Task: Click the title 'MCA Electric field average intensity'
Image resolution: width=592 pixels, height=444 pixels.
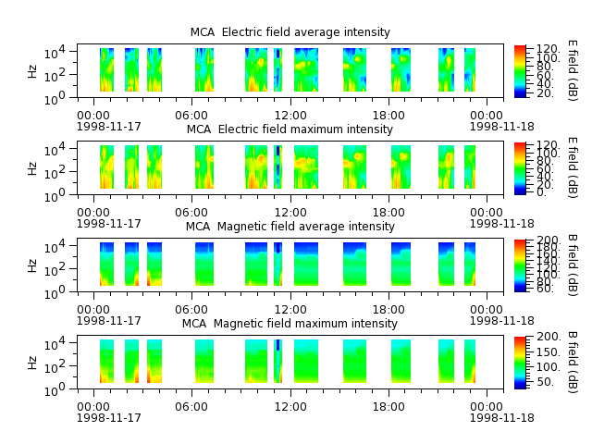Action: pos(290,32)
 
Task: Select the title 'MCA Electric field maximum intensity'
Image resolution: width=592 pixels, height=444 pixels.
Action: pos(290,129)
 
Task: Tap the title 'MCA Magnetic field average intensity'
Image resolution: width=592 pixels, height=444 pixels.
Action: pos(290,227)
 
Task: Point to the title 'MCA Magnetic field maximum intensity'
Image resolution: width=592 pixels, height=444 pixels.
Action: pos(290,324)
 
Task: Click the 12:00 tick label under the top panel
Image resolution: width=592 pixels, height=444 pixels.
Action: pos(290,115)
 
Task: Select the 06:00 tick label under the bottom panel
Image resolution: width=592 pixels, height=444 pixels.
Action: pos(191,407)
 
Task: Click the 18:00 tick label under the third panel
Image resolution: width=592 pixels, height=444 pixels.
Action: pos(388,310)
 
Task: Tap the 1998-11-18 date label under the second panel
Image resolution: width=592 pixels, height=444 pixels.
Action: pos(501,223)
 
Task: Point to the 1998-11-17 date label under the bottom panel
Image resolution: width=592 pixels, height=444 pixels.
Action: pos(109,417)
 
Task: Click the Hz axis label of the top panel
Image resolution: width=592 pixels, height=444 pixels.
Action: pos(32,71)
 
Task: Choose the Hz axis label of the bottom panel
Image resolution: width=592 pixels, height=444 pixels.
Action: pos(32,363)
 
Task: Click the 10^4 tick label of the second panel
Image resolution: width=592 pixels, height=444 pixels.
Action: pos(55,150)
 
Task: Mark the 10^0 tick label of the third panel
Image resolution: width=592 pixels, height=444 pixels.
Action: pos(55,293)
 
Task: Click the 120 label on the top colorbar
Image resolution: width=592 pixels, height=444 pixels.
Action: pos(549,49)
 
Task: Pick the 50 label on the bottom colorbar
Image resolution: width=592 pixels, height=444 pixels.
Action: pos(545,382)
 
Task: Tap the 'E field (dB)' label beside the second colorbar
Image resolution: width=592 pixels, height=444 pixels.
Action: pos(573,167)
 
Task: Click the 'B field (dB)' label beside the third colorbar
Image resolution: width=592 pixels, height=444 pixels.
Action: pos(573,265)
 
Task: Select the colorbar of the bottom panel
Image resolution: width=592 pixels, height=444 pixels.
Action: pos(520,363)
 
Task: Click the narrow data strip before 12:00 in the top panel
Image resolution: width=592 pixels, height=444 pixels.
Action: pos(277,70)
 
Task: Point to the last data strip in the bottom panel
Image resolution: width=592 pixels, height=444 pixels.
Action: pos(470,362)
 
